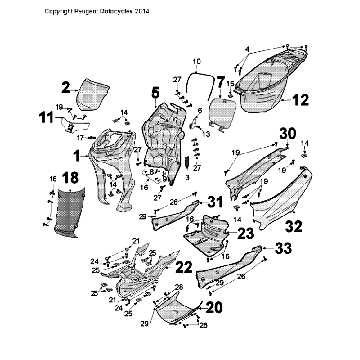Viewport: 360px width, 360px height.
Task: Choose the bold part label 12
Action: click(301, 100)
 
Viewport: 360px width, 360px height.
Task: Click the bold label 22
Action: click(183, 266)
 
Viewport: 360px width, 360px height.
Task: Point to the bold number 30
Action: click(288, 134)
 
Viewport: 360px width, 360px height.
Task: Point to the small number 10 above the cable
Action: click(196, 61)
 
